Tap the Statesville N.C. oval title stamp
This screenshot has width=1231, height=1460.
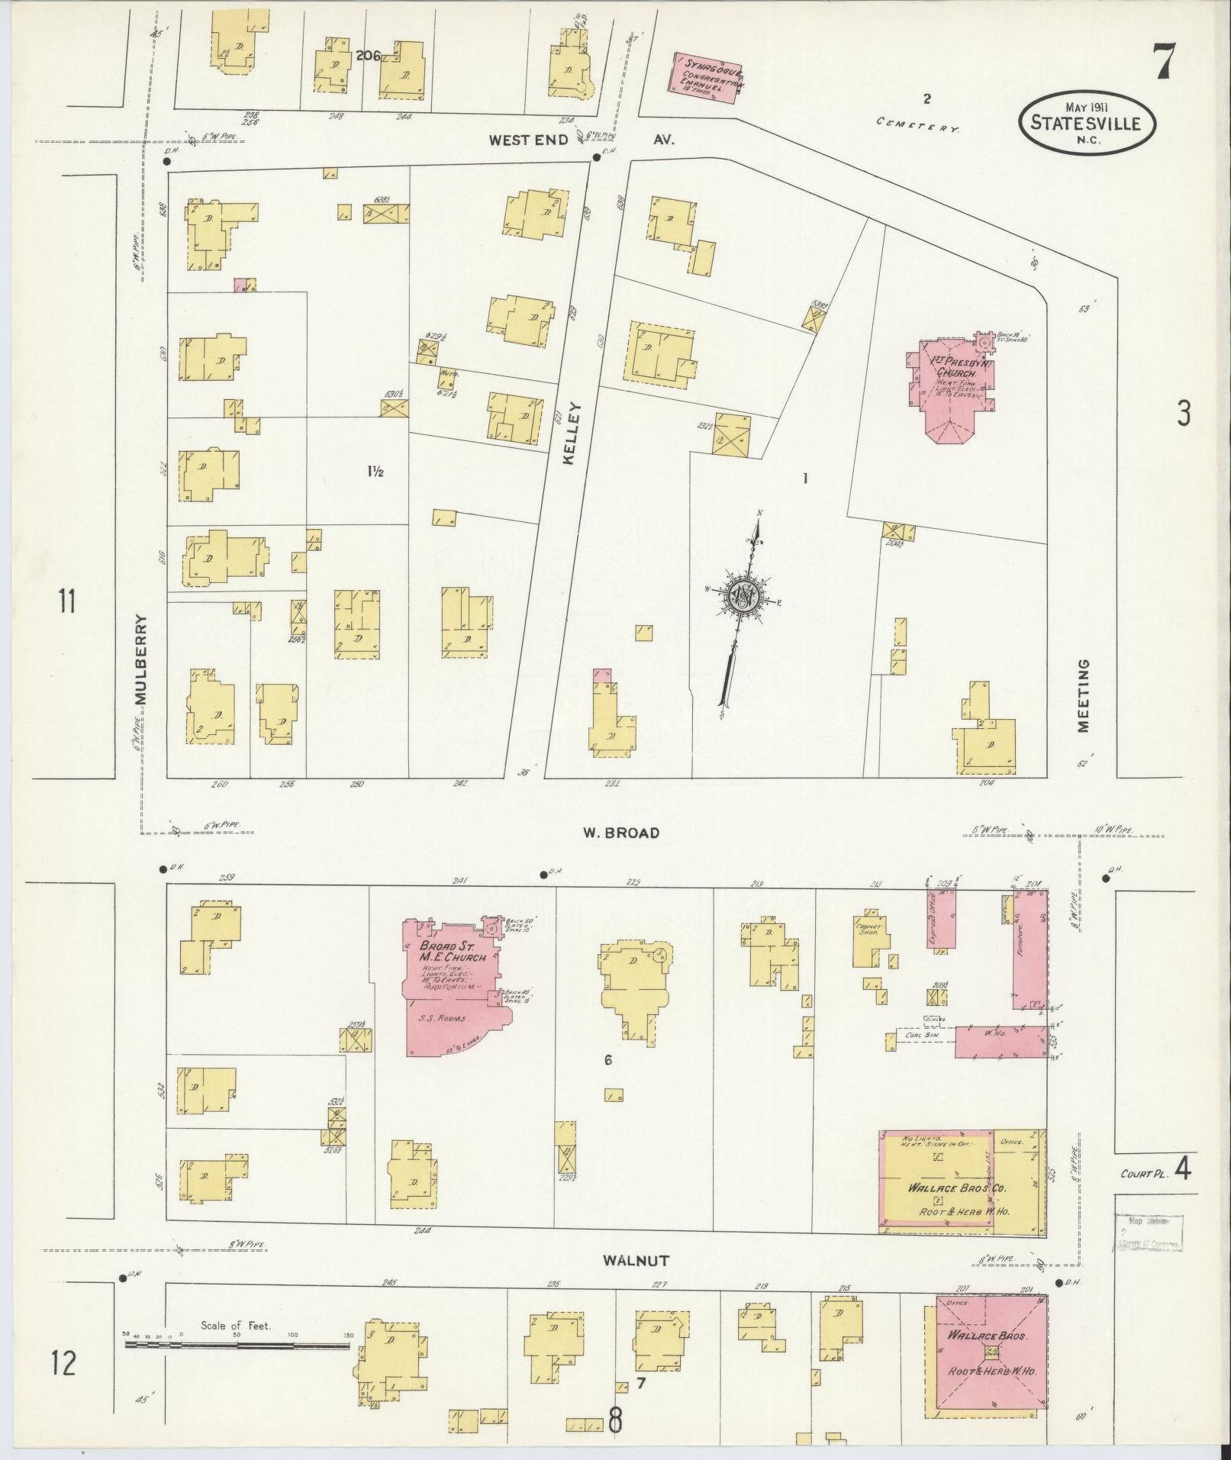coord(1087,124)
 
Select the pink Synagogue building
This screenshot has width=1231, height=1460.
coord(707,77)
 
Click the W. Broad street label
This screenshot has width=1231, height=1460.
coord(620,833)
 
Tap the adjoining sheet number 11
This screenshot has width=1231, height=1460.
coord(67,602)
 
